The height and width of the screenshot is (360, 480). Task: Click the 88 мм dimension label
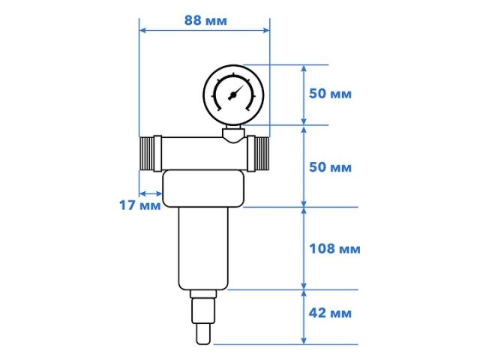[x=205, y=20]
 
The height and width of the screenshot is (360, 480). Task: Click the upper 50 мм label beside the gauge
[x=331, y=94]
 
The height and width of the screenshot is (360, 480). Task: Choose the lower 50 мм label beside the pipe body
[x=331, y=166]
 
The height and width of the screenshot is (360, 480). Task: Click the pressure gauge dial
[x=234, y=95]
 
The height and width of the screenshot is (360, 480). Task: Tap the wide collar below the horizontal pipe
[x=203, y=190]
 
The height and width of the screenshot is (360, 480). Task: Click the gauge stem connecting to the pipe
[x=234, y=135]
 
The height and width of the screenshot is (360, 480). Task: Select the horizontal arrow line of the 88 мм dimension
[x=205, y=31]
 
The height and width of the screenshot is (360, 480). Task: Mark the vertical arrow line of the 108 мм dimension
[x=304, y=248]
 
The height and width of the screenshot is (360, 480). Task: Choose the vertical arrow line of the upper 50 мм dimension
[x=304, y=94]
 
